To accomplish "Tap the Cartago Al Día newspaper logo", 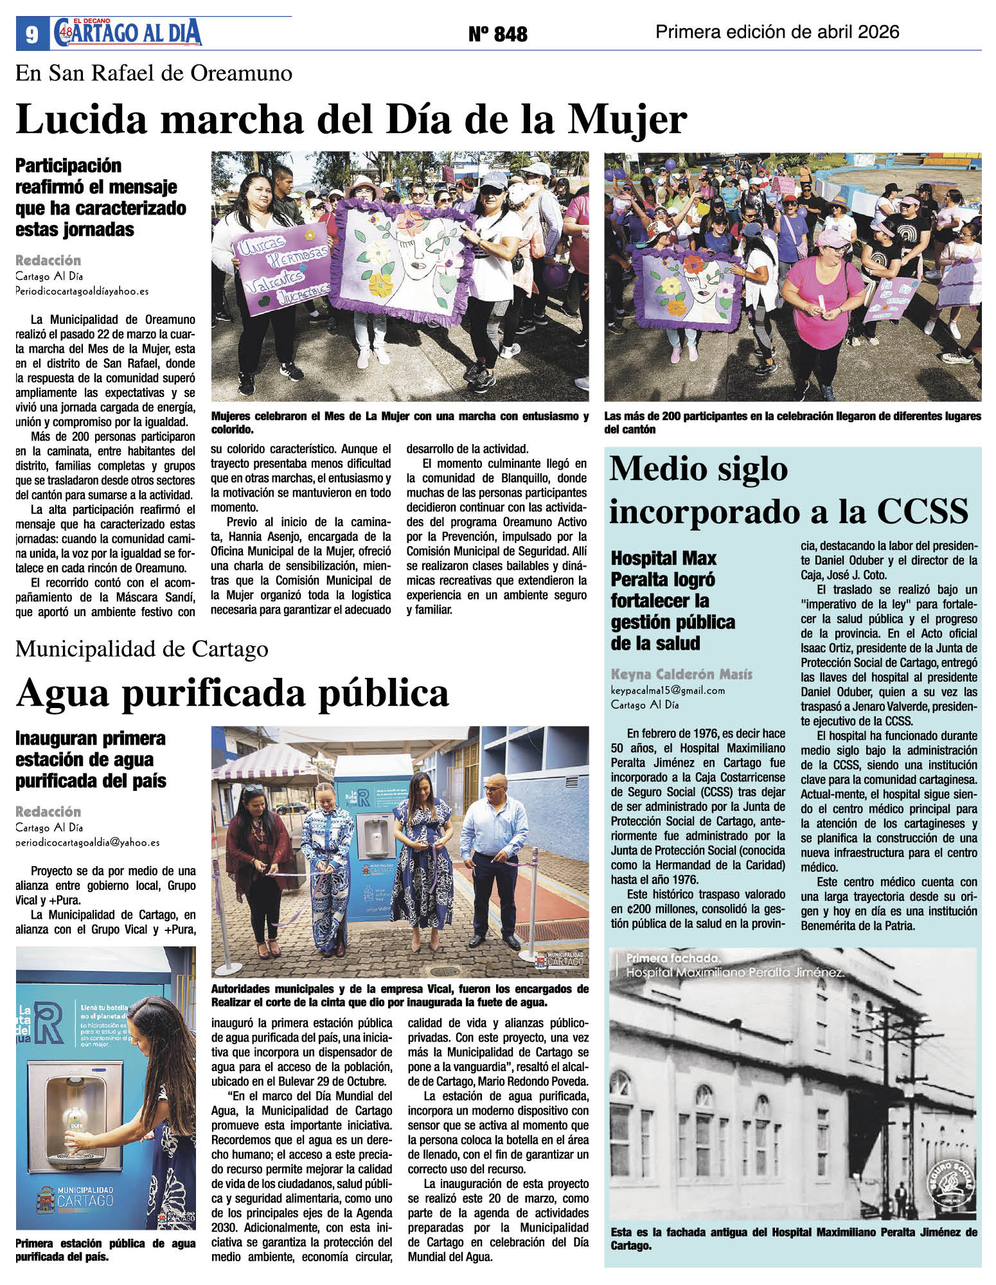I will pyautogui.click(x=129, y=33).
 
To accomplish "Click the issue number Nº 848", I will pyautogui.click(x=497, y=34).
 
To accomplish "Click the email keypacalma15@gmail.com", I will pyautogui.click(x=668, y=691).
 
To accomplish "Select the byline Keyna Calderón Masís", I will pyautogui.click(x=681, y=674).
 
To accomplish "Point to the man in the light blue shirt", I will pyautogui.click(x=494, y=860).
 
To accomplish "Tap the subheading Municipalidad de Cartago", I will pyautogui.click(x=142, y=649).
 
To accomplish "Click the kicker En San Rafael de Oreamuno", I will pyautogui.click(x=154, y=73).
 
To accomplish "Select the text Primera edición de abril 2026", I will pyautogui.click(x=777, y=32).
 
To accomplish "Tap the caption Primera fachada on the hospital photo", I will pyautogui.click(x=673, y=958).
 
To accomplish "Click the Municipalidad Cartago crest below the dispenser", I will pyautogui.click(x=46, y=1201).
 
